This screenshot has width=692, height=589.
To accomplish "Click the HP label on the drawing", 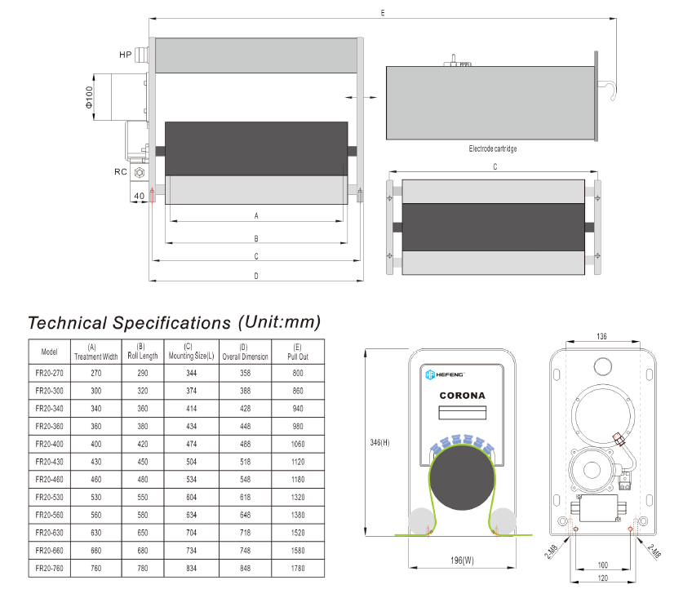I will (x=125, y=55).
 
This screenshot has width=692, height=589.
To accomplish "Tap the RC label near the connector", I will (x=120, y=171).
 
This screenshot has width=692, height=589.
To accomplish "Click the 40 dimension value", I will (x=139, y=195).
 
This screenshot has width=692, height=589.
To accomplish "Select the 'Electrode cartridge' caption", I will (x=493, y=149).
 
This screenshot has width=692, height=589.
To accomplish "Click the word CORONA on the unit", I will (x=461, y=396).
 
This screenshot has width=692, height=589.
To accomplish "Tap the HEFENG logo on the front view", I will (x=444, y=374).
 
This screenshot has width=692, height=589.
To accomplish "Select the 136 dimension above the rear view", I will (x=602, y=336).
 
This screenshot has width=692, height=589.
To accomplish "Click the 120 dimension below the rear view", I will (x=602, y=578).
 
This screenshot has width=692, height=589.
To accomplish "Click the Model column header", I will (x=49, y=352).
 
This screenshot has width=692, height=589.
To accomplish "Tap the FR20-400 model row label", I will (x=49, y=444).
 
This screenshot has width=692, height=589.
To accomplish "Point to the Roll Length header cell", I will (x=142, y=352).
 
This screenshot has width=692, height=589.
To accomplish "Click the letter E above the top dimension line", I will (x=382, y=14).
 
